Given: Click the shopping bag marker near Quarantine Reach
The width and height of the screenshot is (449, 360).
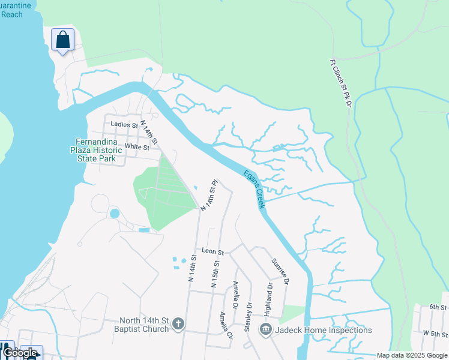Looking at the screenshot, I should [x=62, y=41].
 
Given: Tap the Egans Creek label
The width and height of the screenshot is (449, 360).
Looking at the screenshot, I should [x=255, y=189].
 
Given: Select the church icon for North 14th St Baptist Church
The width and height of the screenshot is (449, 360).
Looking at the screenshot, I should [x=177, y=325].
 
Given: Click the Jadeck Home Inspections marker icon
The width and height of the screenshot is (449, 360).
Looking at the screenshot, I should [x=265, y=329].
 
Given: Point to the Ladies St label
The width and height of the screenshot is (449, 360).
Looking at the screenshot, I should [x=124, y=125].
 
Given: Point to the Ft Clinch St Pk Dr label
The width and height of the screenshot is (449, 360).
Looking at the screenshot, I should [x=339, y=83].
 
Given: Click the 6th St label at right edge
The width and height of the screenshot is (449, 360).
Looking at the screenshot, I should [x=438, y=307].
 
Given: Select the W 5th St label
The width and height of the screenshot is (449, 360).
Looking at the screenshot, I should [x=435, y=332].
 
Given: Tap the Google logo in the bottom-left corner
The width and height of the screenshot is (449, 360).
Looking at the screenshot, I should [x=20, y=353].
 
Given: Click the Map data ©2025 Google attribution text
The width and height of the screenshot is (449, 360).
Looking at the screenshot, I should [x=412, y=355].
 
